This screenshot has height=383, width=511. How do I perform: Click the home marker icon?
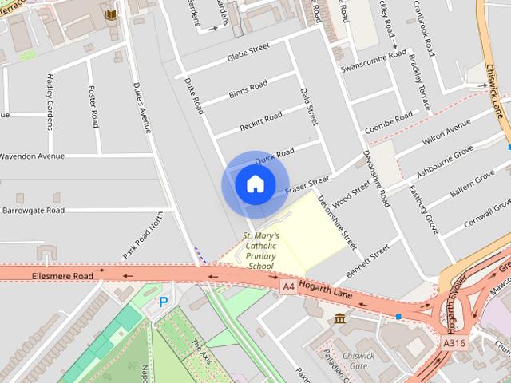(x=255, y=184)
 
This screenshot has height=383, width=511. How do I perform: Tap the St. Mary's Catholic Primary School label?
(x=260, y=251)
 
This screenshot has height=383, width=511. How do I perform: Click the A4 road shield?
(x=288, y=285)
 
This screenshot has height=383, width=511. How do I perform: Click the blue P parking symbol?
(x=164, y=302)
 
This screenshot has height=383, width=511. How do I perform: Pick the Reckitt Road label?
(x=261, y=122)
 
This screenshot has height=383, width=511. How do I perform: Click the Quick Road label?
(x=275, y=152)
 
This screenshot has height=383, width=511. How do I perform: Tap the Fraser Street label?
(x=307, y=187)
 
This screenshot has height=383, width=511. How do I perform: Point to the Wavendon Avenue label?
(x=32, y=156)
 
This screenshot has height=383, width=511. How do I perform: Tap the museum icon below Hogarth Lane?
(x=340, y=319)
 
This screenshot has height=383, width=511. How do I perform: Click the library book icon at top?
(x=110, y=14)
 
